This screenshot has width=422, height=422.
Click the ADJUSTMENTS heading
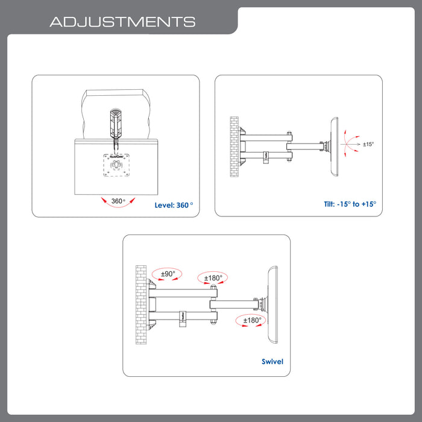122,22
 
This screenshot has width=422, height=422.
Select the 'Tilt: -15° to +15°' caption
349,204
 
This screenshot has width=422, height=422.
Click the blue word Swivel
272,362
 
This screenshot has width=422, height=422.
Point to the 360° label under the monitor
118,201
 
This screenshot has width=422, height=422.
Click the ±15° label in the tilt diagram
368,144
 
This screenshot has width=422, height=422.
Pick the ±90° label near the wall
167,274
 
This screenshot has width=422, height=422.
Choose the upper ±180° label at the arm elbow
213,278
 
